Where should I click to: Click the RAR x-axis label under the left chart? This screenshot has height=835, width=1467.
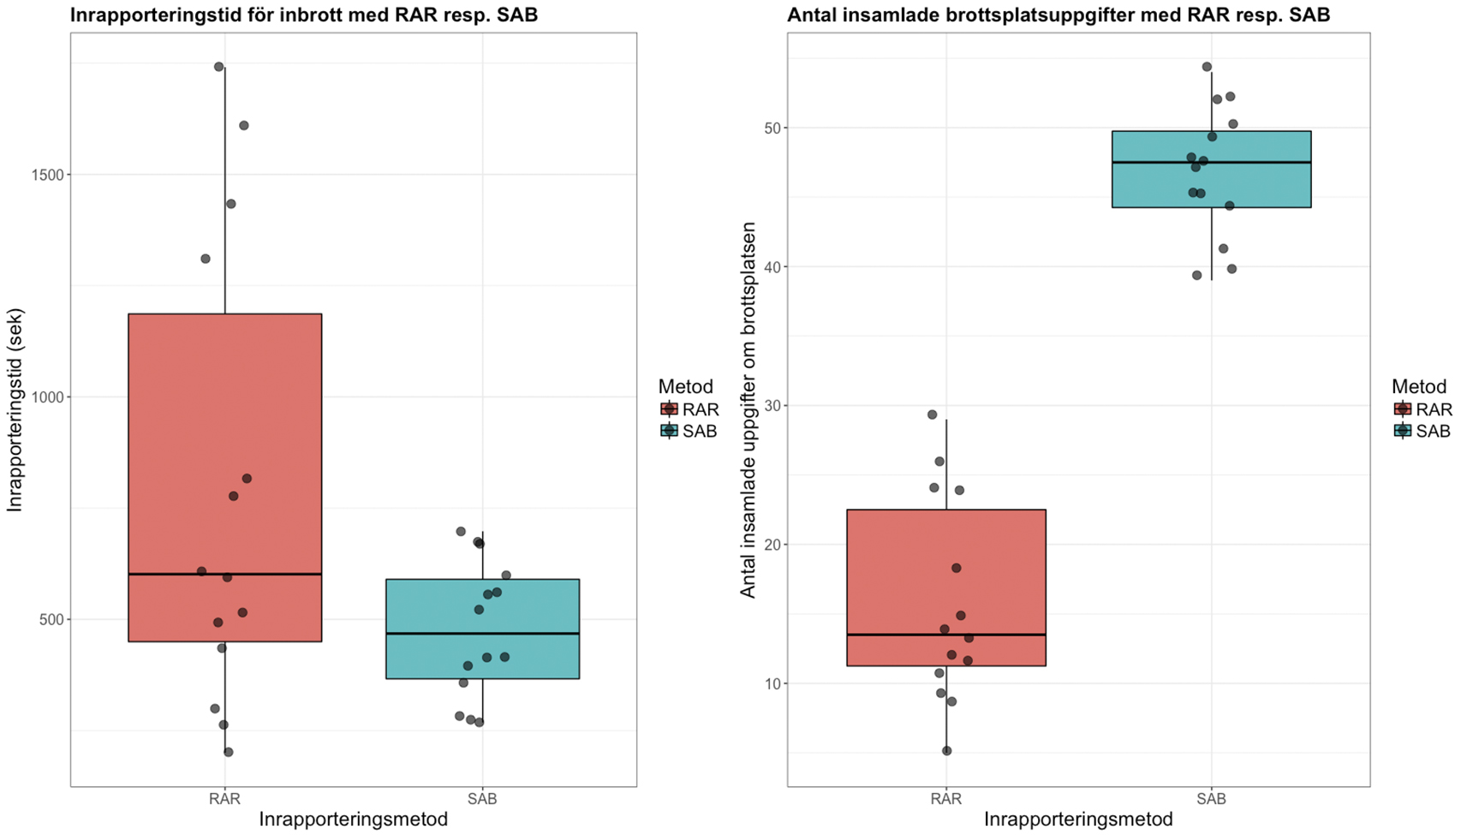tap(224, 799)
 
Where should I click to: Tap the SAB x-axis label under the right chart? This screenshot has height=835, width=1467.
tap(1211, 799)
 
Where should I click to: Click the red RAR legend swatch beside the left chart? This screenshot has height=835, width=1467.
tap(669, 409)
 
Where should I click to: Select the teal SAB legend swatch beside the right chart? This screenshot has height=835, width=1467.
tap(1403, 431)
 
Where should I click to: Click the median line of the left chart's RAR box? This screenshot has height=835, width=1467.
tap(224, 574)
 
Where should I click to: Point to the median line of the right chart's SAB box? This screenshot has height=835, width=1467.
tap(1211, 162)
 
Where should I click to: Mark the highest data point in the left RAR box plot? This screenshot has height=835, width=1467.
tap(218, 67)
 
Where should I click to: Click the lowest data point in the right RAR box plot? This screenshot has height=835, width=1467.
tap(946, 751)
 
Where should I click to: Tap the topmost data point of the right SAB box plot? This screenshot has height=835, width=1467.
tap(1207, 67)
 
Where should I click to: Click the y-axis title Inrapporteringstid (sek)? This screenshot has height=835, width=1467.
tap(15, 410)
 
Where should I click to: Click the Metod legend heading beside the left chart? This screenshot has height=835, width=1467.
tap(685, 386)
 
